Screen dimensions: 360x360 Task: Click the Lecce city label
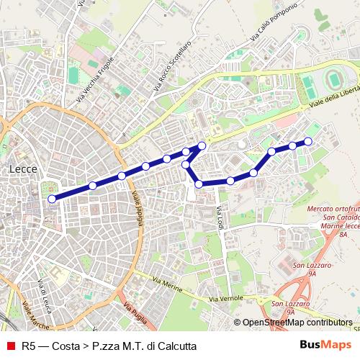[x=24, y=169]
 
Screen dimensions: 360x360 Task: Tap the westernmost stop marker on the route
[x=51, y=198]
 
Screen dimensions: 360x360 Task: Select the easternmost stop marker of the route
[x=308, y=141]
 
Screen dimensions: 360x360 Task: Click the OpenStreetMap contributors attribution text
[x=296, y=323]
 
